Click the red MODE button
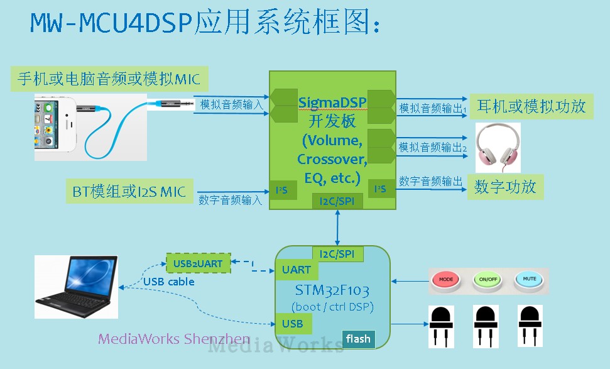click(x=446, y=280)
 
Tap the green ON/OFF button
click(x=488, y=280)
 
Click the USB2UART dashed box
click(x=199, y=263)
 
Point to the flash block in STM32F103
click(x=358, y=339)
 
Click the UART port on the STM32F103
click(x=297, y=270)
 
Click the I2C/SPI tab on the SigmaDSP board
click(x=337, y=201)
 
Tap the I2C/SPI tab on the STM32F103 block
click(x=337, y=254)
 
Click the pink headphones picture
click(x=498, y=148)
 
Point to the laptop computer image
click(x=76, y=287)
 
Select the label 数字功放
click(x=505, y=187)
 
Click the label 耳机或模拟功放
click(x=531, y=106)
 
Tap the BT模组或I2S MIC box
click(x=129, y=191)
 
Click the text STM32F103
click(x=332, y=290)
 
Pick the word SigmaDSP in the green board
click(x=332, y=102)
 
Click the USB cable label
click(x=169, y=282)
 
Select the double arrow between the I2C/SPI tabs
click(x=337, y=228)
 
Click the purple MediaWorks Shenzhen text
click(x=174, y=339)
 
